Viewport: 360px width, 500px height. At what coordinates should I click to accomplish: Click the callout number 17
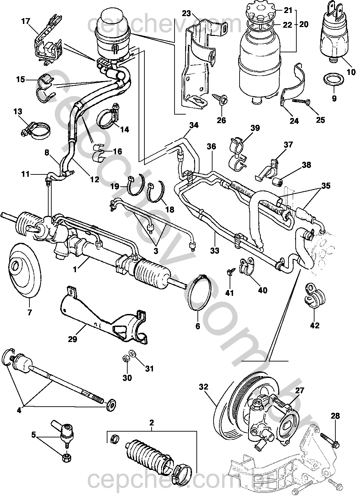[x=26, y=21]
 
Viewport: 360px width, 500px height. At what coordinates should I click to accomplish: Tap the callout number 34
[x=194, y=125]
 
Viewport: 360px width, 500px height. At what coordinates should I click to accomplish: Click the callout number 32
[x=204, y=387]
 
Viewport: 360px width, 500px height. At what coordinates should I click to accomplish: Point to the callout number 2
[x=152, y=423]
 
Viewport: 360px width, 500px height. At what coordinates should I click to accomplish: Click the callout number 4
[x=19, y=410]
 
